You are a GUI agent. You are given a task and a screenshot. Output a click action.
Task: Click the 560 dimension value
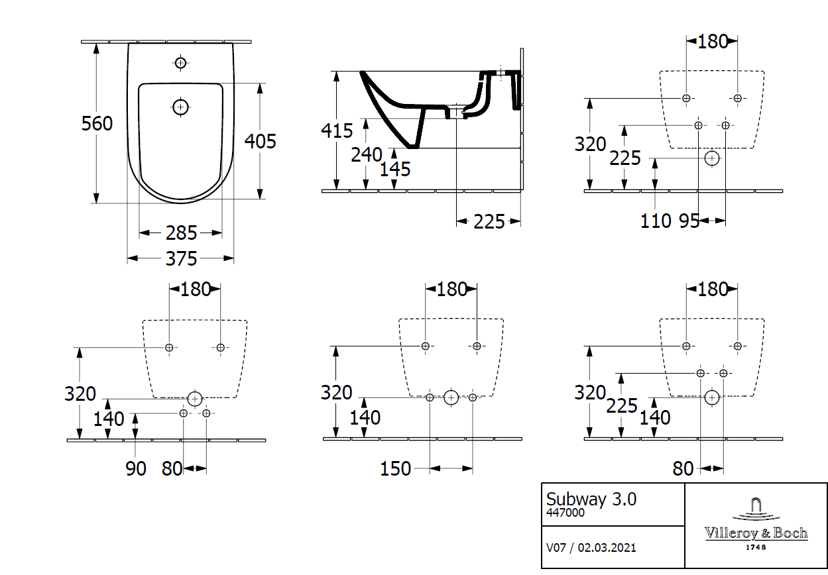[97, 123]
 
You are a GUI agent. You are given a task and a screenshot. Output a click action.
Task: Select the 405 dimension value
[260, 140]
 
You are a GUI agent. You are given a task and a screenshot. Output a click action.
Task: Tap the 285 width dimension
[181, 233]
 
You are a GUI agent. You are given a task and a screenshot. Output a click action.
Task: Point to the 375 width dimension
[181, 258]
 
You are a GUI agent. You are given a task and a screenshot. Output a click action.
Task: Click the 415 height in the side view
[337, 131]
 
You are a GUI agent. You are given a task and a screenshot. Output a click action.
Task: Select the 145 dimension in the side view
[395, 169]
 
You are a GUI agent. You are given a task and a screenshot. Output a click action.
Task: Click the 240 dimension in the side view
[367, 155]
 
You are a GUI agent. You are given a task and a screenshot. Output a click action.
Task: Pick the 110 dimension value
[656, 221]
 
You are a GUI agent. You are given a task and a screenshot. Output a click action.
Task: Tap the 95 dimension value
[689, 221]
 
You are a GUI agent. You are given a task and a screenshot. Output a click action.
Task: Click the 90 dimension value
[136, 468]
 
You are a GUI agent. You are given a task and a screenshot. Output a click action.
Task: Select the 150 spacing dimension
[396, 468]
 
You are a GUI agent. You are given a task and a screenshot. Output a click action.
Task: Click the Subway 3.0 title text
[591, 499]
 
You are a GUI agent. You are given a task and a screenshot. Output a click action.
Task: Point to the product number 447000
[565, 513]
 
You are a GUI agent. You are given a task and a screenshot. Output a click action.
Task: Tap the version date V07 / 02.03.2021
[591, 547]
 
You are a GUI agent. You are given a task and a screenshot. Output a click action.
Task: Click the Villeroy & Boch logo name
[756, 533]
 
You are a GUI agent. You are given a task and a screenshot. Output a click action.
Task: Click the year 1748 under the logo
[756, 547]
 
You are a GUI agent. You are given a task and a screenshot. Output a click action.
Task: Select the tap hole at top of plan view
[180, 63]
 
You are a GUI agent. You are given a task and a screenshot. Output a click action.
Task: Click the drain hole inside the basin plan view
[180, 106]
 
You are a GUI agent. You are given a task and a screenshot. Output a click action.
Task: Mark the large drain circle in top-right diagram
[712, 158]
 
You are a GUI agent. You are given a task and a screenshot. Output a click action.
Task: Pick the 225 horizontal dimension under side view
[489, 221]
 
